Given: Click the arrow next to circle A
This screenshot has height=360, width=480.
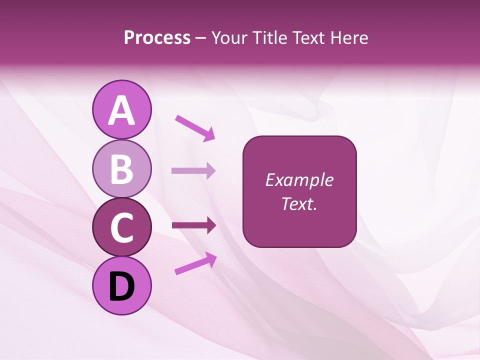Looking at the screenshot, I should tap(195, 127).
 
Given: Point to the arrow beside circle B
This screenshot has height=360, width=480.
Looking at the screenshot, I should tap(193, 171).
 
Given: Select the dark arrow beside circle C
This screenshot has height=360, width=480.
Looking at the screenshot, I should tap(193, 225).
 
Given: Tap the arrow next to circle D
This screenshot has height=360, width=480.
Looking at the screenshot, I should tap(195, 263).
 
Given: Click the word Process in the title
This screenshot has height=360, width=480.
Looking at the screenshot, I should tap(157, 37).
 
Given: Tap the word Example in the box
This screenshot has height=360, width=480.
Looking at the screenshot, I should tap(299, 180).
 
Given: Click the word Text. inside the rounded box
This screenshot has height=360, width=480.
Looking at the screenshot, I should tap(299, 203).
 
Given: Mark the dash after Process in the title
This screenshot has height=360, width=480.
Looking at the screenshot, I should tap(200, 38).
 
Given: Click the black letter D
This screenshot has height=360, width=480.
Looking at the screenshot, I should tap(121, 286).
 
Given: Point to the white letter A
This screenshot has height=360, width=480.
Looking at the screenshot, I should tap(121, 110).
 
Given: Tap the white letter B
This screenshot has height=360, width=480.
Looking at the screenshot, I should tap(121, 169).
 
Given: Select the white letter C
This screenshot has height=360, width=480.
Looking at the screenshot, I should tap(121, 228).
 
